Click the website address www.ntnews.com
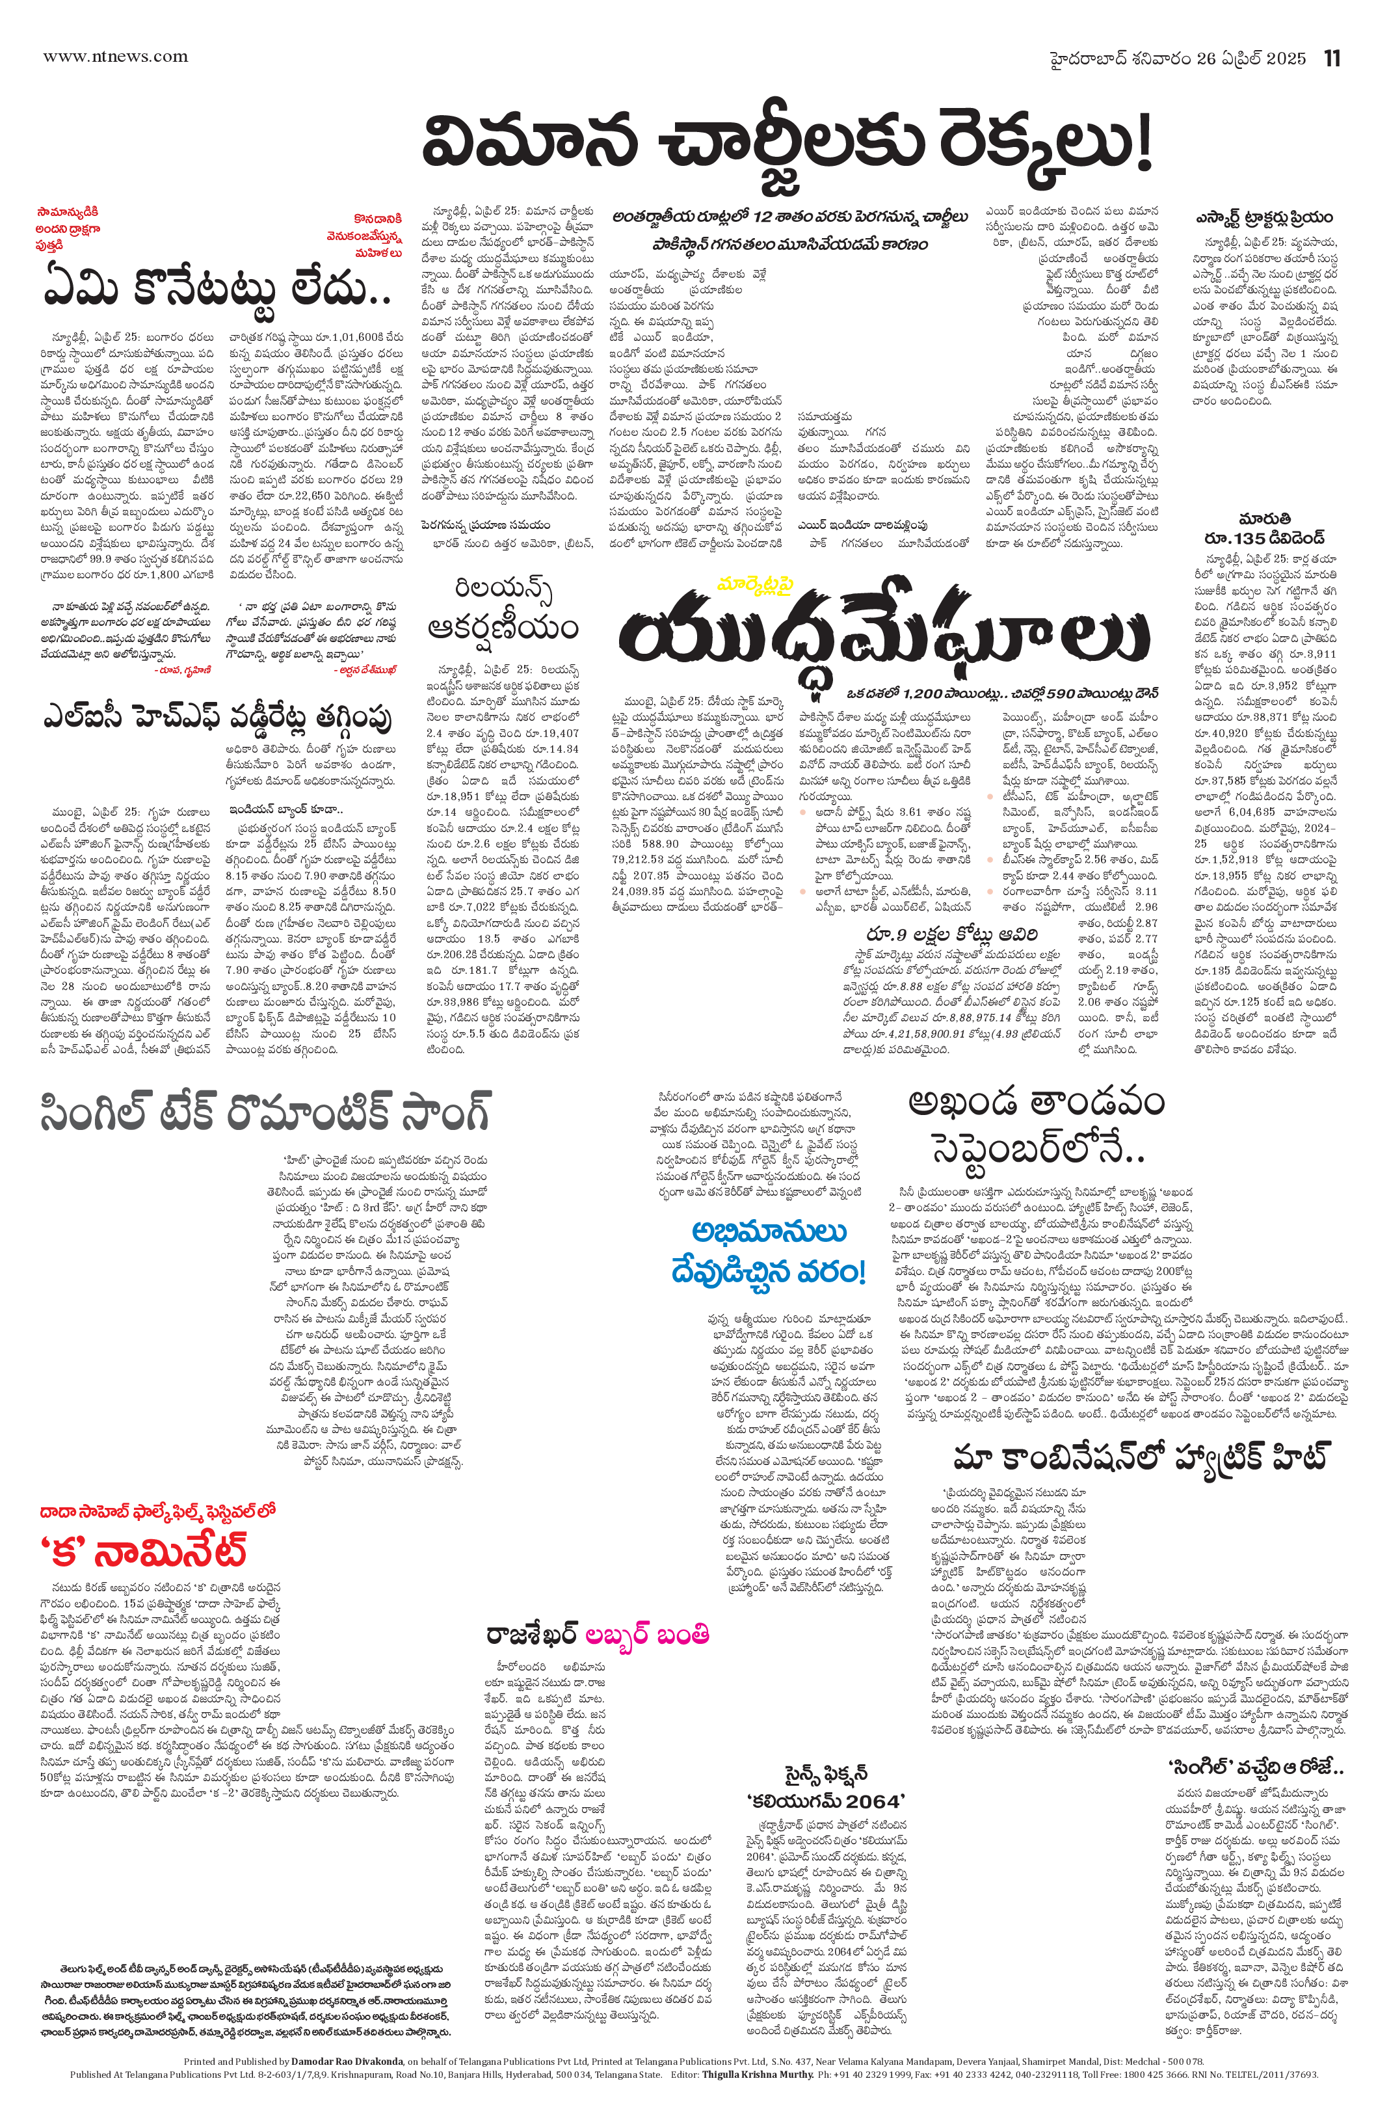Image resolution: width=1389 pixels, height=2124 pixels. coord(116,57)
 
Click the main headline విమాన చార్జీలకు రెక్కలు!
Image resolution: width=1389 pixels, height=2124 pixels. coord(787,147)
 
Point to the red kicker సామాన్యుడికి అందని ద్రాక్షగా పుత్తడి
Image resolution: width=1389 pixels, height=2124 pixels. coord(69,228)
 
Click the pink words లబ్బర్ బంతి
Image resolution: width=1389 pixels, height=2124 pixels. coord(647,1634)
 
